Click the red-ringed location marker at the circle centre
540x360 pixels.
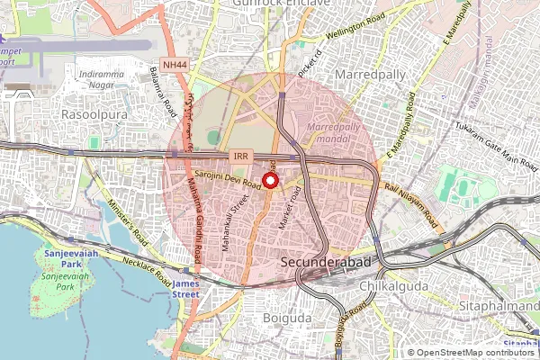(x=269, y=181)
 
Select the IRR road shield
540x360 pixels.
(x=239, y=157)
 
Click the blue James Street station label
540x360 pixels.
(x=185, y=287)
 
